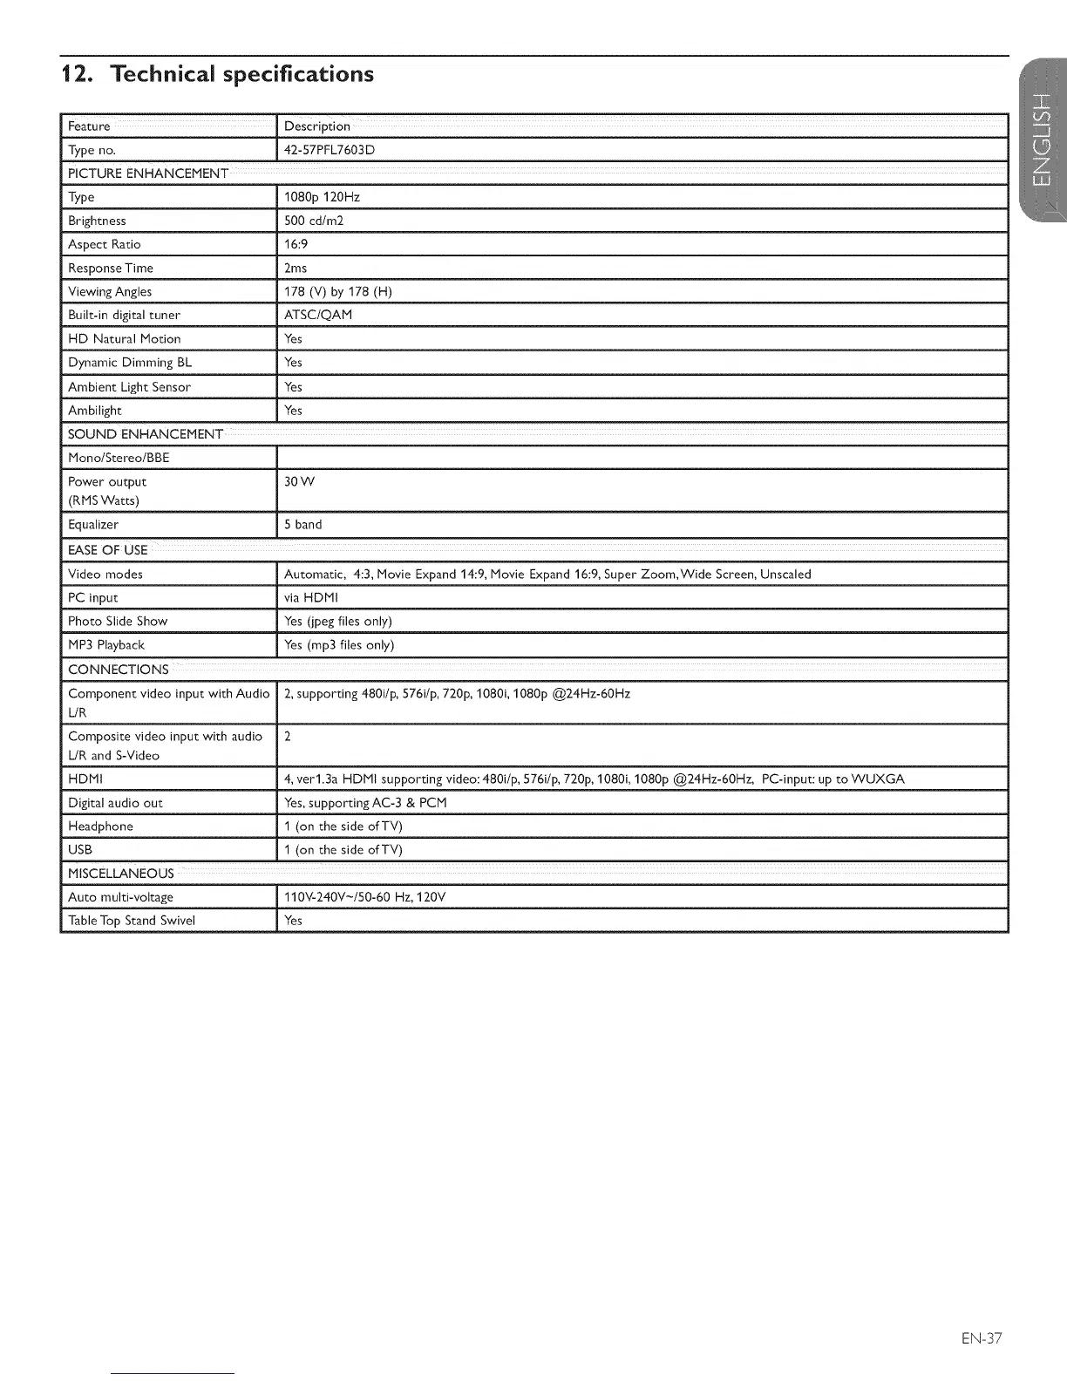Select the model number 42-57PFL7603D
(330, 150)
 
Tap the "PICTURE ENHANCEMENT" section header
(148, 173)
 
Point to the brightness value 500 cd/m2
(314, 221)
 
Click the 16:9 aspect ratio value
(296, 244)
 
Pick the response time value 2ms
(296, 268)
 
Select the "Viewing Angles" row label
(110, 291)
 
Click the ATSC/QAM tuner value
(318, 315)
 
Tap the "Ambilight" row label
(95, 411)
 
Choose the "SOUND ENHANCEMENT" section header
(146, 434)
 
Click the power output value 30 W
(300, 481)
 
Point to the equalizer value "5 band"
(303, 525)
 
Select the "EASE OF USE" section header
(108, 550)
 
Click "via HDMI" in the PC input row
(310, 598)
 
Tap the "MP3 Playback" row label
(106, 645)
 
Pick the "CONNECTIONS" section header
(119, 670)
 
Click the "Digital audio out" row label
(115, 803)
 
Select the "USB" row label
(80, 850)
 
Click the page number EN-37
(982, 1337)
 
